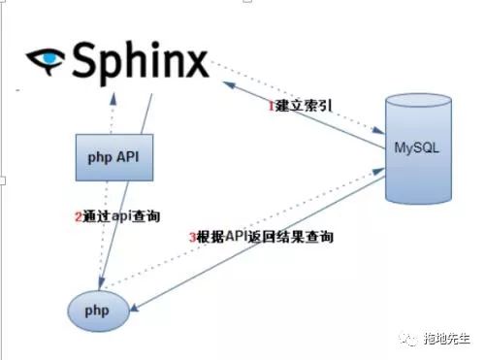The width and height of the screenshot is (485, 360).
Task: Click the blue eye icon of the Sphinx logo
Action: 44,60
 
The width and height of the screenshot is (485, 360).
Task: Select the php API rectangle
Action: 113,154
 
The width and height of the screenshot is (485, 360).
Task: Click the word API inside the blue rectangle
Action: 130,155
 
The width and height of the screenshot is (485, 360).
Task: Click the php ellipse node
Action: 98,311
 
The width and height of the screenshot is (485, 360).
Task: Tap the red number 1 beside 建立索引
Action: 272,106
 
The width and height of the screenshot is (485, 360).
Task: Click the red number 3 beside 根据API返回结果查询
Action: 192,237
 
